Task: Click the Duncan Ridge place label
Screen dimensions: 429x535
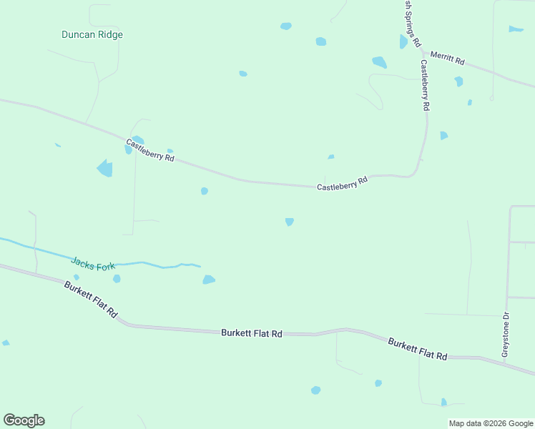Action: tap(92, 34)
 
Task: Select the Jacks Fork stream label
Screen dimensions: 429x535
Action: tap(92, 264)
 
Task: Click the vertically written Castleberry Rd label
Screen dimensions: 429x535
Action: tap(425, 84)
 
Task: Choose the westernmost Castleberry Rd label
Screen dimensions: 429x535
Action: tap(150, 149)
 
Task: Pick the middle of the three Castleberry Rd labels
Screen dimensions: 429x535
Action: tap(342, 182)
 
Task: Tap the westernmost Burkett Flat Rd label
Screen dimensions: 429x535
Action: tap(90, 299)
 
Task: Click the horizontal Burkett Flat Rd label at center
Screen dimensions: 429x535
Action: tap(252, 333)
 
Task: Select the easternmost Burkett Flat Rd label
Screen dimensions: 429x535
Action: tap(418, 349)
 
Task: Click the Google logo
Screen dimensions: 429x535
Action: tap(24, 420)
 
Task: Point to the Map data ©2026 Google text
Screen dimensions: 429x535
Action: tap(491, 423)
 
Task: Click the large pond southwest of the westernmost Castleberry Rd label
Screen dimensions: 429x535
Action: tap(105, 169)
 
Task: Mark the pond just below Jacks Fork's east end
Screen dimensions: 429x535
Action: tap(208, 280)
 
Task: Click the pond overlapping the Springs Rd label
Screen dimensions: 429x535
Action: tap(403, 41)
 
